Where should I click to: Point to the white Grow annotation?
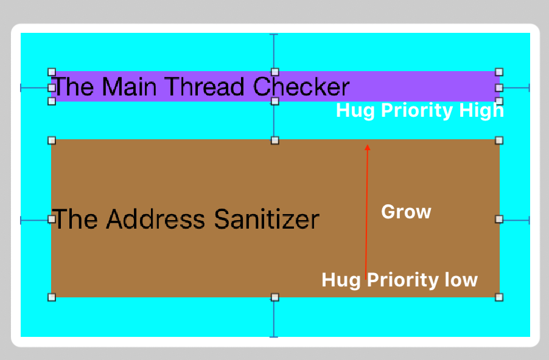coord(406,212)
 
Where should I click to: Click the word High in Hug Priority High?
coord(483,111)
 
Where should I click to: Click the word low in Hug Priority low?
coord(462,280)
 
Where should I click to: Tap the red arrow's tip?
coord(367,146)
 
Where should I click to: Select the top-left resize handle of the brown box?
coord(52,140)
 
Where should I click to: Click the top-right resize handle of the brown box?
coord(499,140)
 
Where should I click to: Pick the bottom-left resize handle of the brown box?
coord(52,297)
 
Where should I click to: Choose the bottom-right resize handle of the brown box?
coord(499,297)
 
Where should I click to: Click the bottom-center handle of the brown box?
coord(274,297)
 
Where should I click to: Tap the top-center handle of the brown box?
coord(274,140)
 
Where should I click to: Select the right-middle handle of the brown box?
coord(499,219)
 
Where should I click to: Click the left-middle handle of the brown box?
coord(52,219)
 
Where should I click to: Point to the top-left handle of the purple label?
coord(52,72)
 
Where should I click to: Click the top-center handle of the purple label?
coord(274,72)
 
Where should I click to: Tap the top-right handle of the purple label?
coord(499,72)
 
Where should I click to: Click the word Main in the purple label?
coord(131,87)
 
